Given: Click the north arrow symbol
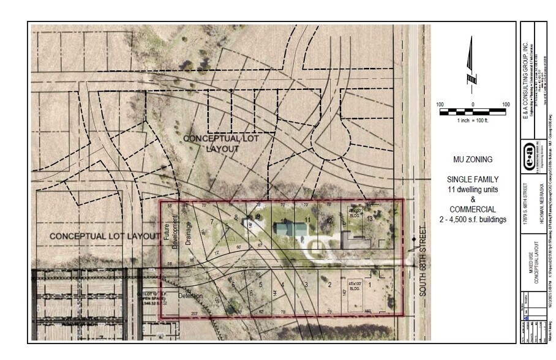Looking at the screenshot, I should [471, 61].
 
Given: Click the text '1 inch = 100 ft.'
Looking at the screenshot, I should [473, 121].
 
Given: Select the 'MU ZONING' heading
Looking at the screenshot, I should [472, 160].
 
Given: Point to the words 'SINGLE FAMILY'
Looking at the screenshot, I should [472, 179].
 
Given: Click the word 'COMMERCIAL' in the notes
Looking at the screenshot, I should [472, 209].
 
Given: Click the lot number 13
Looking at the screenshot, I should [369, 219].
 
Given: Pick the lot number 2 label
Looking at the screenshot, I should [329, 284].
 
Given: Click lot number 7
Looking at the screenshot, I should [212, 221].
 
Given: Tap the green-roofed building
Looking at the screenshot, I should [290, 230].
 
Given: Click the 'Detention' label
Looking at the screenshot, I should [190, 296].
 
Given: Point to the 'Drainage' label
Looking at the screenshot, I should [189, 232].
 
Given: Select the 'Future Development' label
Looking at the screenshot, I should [170, 231].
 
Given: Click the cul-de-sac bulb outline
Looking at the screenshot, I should [331, 142].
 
